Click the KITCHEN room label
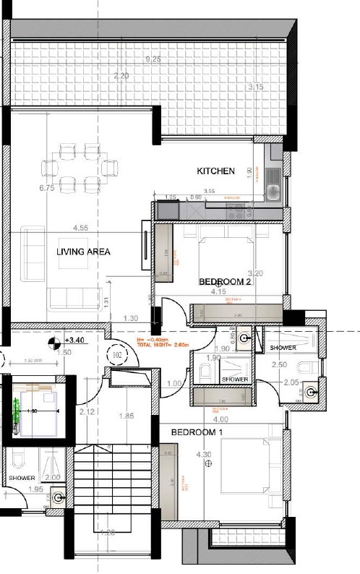tap(216, 171)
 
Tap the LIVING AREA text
tap(84, 252)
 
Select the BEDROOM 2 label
tap(225, 282)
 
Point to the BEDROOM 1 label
tap(196, 432)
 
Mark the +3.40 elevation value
tap(74, 339)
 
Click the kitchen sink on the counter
tap(273, 192)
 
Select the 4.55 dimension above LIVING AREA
tap(80, 228)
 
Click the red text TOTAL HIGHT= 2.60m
tap(162, 346)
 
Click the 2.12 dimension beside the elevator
tap(88, 412)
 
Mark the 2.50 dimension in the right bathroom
tap(280, 366)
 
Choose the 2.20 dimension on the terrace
tap(121, 76)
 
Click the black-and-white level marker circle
tap(53, 343)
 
